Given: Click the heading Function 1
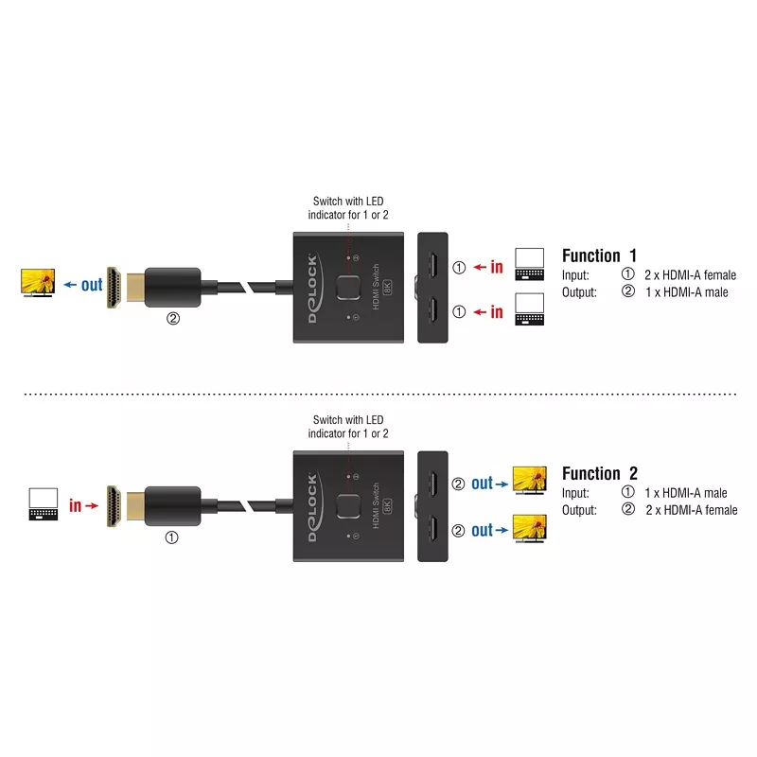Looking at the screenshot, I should click(600, 255).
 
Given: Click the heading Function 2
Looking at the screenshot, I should click(600, 473).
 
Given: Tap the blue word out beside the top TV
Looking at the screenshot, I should click(92, 284).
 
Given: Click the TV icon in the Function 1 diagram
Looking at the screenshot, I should click(38, 282).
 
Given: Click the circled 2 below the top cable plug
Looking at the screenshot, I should click(172, 319).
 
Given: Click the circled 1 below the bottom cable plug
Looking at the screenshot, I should click(172, 537).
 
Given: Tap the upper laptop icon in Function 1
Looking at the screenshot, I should click(530, 263).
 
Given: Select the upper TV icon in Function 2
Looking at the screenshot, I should click(530, 480).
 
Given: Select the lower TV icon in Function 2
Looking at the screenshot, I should click(530, 526).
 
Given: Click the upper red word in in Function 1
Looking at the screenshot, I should click(497, 267).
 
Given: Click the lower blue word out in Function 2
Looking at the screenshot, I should click(483, 531).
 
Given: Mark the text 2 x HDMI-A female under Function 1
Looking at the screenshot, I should click(689, 275).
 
